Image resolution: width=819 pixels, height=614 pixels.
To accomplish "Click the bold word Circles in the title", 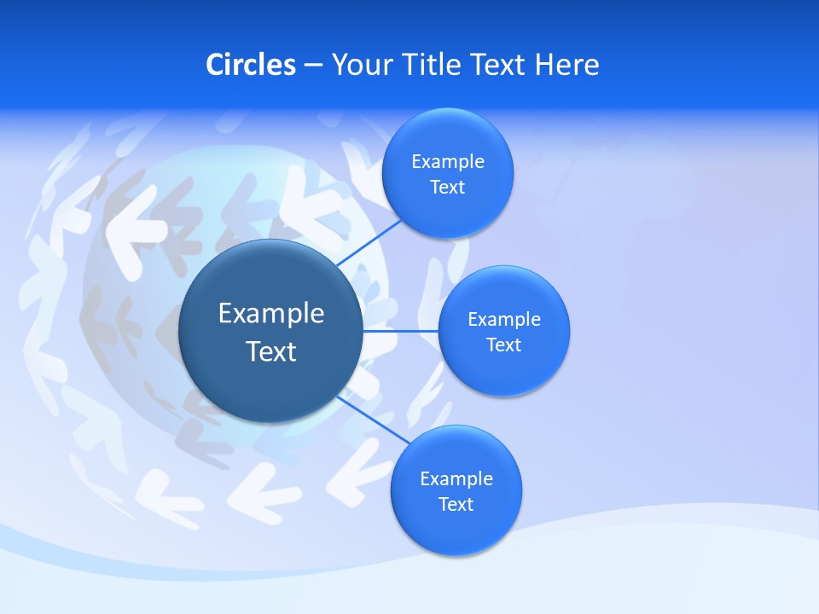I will [x=250, y=65].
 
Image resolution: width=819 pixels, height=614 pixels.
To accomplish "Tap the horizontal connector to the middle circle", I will [x=400, y=331].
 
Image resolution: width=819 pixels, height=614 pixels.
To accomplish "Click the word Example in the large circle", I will [x=270, y=314].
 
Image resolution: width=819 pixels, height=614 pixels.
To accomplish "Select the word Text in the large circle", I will [x=270, y=351].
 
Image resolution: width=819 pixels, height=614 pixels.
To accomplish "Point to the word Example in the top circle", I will [x=447, y=161].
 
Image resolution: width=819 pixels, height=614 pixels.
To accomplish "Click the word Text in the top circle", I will [x=447, y=187].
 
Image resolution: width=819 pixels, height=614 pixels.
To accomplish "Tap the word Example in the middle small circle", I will [x=503, y=319].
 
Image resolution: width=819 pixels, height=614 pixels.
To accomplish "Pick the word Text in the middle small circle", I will [x=503, y=345].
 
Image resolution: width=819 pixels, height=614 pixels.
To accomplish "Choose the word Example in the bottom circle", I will [x=456, y=478].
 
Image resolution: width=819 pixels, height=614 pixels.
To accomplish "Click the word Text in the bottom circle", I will [x=456, y=504].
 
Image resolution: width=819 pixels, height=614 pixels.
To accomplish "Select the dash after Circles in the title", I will [x=313, y=65].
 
